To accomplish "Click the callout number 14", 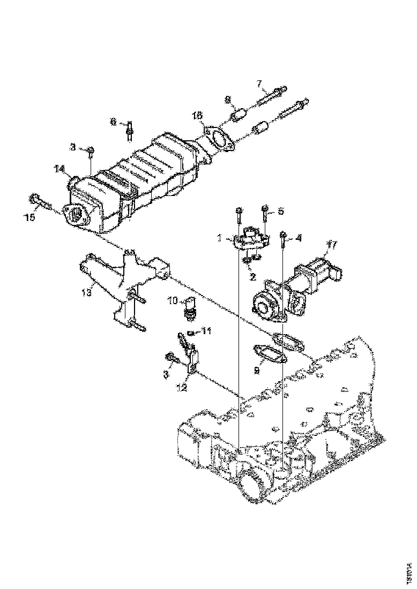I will coord(60,169).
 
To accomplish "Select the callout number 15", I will coord(31,217).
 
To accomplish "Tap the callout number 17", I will coord(332,245).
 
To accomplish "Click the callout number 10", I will coord(174,300).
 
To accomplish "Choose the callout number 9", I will coord(257,369).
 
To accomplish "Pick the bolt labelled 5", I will coord(265,213).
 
